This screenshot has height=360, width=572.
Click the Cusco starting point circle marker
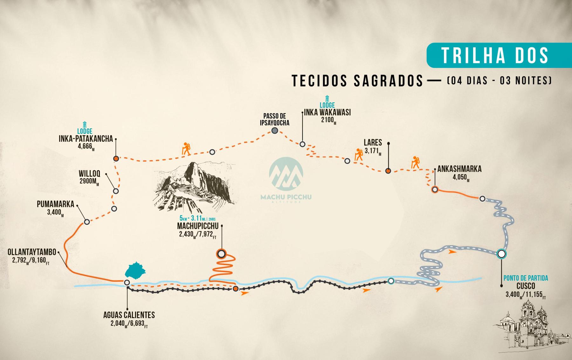pyautogui.click(x=501, y=254)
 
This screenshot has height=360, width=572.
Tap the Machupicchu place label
pyautogui.click(x=198, y=226)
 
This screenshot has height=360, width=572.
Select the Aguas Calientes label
pyautogui.click(x=129, y=315)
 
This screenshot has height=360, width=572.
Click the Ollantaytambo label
pyautogui.click(x=32, y=252)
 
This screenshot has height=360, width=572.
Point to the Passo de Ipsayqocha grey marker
pyautogui.click(x=275, y=130)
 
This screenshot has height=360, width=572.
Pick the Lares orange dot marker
pyautogui.click(x=388, y=171)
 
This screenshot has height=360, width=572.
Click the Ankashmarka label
pyautogui.click(x=459, y=169)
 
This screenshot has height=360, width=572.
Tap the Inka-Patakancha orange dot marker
pyautogui.click(x=116, y=159)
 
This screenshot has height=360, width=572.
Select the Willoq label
pyautogui.click(x=89, y=173)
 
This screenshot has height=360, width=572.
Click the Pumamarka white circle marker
pyautogui.click(x=86, y=222)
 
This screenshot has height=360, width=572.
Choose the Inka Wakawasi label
pyautogui.click(x=327, y=112)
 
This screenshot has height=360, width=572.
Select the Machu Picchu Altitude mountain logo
pyautogui.click(x=286, y=175)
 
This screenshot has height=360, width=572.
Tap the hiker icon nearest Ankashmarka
pyautogui.click(x=415, y=162)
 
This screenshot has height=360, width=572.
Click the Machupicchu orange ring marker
pyautogui.click(x=221, y=254)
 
